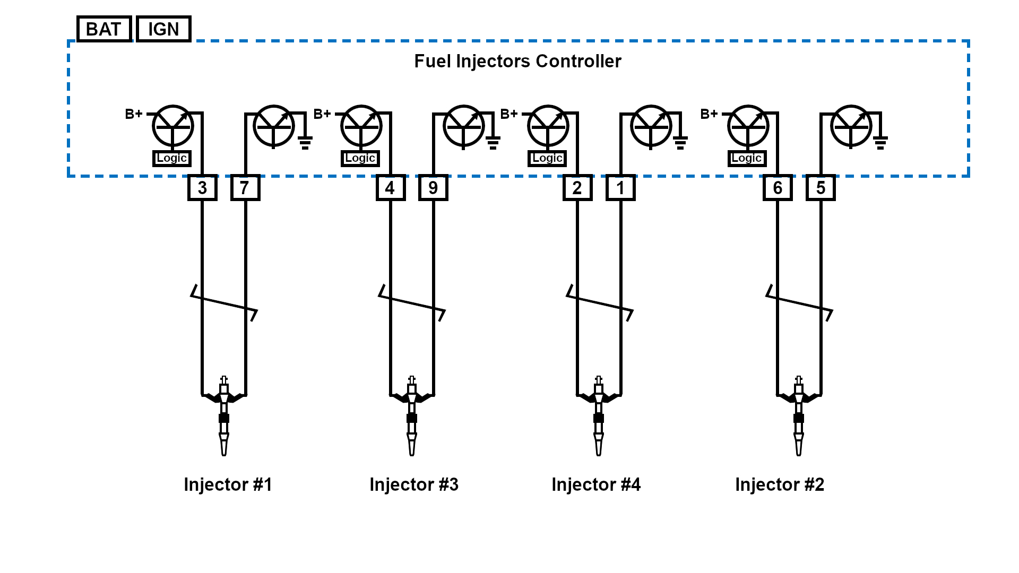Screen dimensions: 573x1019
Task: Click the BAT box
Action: click(x=104, y=29)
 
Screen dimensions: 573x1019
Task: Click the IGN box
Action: click(x=163, y=29)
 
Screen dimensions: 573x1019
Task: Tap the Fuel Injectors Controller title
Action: click(x=517, y=62)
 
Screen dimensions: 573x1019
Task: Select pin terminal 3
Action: click(x=202, y=188)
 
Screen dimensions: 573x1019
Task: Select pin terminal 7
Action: click(x=245, y=188)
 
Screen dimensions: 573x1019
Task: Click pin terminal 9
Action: click(x=433, y=188)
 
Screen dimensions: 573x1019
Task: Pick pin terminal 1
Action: click(x=620, y=188)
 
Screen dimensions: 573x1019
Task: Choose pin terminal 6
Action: click(x=778, y=188)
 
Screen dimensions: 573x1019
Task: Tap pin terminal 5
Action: click(x=821, y=188)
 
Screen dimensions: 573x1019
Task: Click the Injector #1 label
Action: click(x=228, y=484)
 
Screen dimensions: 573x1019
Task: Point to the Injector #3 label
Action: click(x=414, y=484)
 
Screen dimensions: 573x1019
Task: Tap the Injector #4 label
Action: click(x=596, y=484)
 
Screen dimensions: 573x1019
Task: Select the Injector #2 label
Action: click(x=780, y=484)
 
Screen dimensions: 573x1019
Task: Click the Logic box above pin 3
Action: click(x=172, y=158)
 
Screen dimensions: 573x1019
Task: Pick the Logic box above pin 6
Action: click(x=747, y=158)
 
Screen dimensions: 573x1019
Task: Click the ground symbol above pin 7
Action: click(x=305, y=142)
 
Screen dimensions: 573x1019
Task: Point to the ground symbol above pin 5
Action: click(x=880, y=142)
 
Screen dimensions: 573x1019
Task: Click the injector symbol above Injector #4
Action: click(x=599, y=416)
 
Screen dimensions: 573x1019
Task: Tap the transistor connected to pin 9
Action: click(x=463, y=126)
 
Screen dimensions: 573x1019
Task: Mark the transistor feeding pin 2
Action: click(x=548, y=126)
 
